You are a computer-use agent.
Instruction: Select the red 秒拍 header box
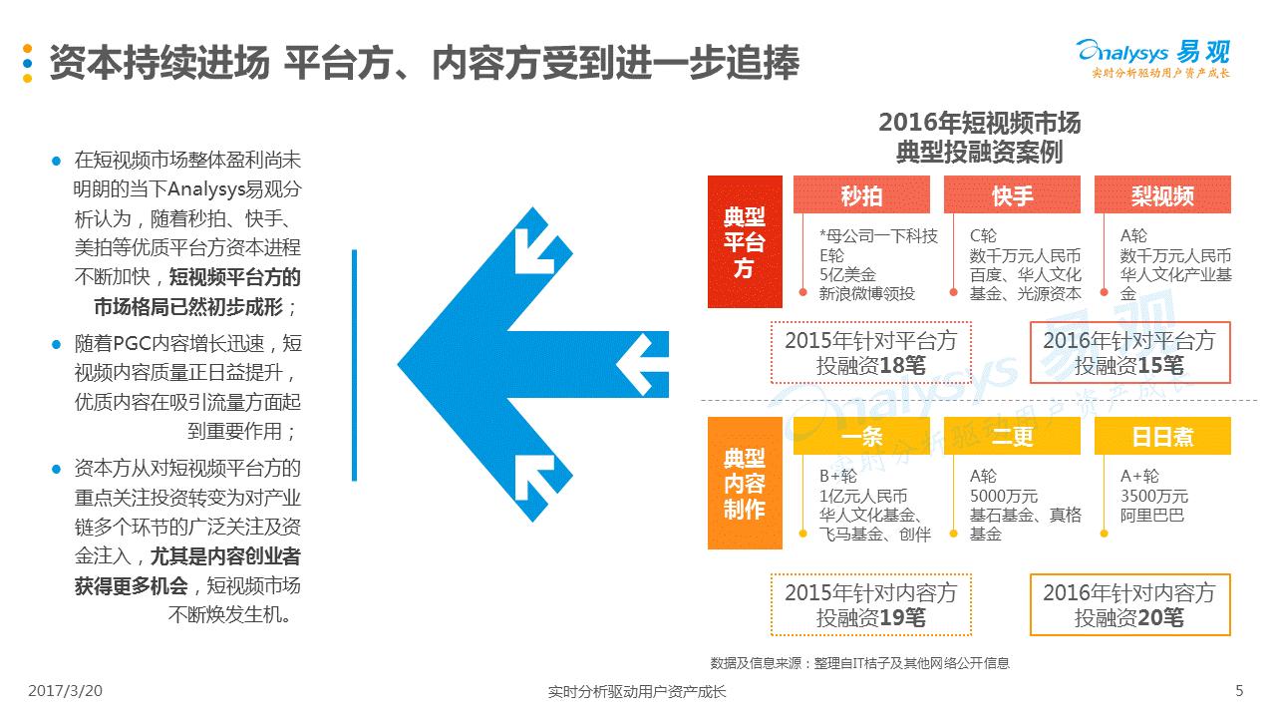pos(861,194)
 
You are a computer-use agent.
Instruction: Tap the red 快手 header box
pos(1012,194)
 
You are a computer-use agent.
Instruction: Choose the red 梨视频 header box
pos(1162,194)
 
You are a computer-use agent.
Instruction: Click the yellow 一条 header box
pos(861,436)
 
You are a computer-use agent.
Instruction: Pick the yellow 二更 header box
pos(1012,436)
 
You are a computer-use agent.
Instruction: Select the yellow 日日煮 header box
pos(1162,436)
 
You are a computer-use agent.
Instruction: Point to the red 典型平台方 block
pos(745,241)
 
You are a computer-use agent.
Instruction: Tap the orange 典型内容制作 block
pos(745,484)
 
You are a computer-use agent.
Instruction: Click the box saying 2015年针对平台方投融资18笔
pos(871,353)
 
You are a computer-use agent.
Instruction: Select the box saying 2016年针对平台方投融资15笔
pos(1129,353)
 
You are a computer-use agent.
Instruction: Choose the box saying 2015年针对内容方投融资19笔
pos(871,604)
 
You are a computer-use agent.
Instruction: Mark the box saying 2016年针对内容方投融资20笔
pos(1129,604)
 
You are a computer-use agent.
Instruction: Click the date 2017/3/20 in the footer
pos(65,691)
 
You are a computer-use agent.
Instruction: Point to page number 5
pos(1239,691)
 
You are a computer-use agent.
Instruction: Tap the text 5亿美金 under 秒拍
pos(847,274)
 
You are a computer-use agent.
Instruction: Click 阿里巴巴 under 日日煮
pos(1151,516)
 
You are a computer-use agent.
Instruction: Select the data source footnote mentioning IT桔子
pos(859,663)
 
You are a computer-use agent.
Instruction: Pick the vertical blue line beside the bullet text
pos(354,365)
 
